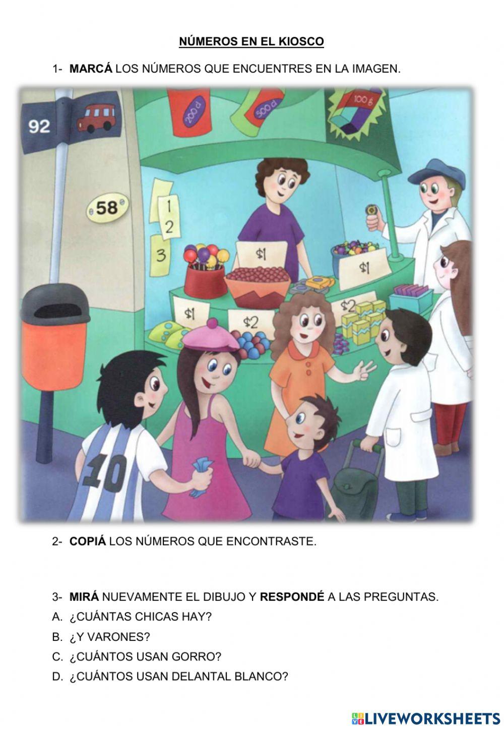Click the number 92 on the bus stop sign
(x=39, y=126)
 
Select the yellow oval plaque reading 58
(x=107, y=207)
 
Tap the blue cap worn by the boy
(x=436, y=172)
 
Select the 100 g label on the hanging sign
(x=361, y=100)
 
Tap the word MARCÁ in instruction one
(x=91, y=69)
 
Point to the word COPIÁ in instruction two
(x=88, y=541)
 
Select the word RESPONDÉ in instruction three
(x=292, y=597)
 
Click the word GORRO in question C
(x=203, y=656)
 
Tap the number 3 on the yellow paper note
(x=161, y=255)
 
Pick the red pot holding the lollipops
(x=205, y=280)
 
